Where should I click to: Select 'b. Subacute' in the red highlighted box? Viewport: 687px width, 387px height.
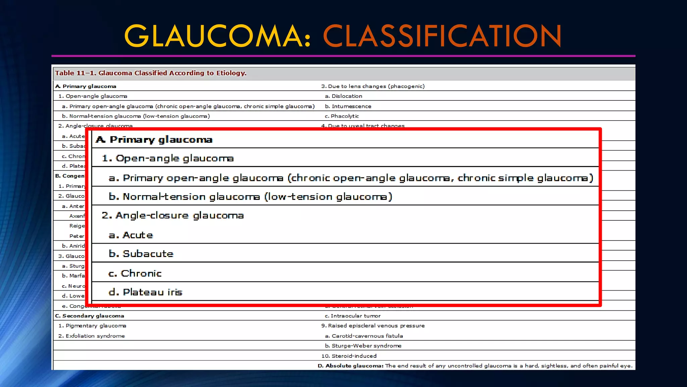click(141, 254)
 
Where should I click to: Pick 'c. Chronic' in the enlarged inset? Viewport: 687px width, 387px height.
click(135, 273)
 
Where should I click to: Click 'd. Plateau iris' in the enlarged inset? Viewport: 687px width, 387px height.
click(146, 292)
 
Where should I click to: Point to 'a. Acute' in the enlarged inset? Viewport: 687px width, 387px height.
click(131, 235)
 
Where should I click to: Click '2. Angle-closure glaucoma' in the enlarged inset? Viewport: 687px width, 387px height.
click(173, 215)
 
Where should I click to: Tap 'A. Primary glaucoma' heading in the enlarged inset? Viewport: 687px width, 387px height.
click(154, 139)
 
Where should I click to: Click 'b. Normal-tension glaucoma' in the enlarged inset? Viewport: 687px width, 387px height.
click(250, 197)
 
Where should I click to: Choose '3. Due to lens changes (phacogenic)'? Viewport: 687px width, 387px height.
click(373, 86)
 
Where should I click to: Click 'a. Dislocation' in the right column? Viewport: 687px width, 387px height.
click(343, 96)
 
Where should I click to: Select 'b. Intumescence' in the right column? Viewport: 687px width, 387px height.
click(348, 106)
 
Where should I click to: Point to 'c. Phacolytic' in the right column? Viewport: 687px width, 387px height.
click(342, 116)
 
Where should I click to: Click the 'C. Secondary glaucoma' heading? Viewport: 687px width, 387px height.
click(90, 316)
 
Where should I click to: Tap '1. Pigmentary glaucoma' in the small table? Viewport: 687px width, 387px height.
click(92, 326)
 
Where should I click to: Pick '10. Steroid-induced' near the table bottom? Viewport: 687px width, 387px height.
click(349, 356)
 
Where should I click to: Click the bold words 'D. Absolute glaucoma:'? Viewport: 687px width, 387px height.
click(351, 365)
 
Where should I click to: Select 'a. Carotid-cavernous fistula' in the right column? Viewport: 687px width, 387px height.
click(364, 336)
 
